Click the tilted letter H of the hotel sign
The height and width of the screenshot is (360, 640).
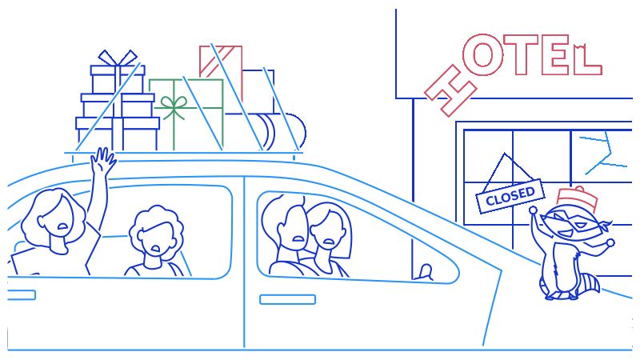point(450,90)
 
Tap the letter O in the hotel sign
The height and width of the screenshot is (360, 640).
point(483,56)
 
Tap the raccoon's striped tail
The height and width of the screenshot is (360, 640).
point(590,283)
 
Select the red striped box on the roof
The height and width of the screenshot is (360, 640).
point(220,62)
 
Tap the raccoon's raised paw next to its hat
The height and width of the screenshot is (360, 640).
point(534,211)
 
